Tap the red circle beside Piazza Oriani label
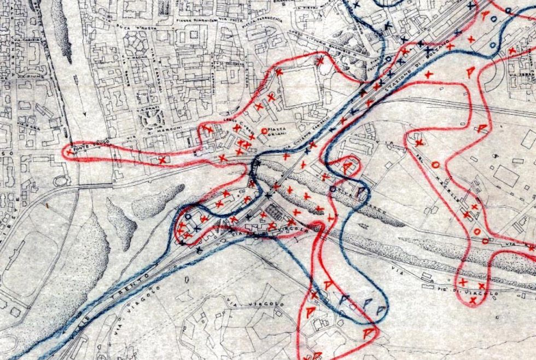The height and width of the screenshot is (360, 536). point(265,130)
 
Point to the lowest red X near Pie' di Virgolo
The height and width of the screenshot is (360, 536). point(473,299)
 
